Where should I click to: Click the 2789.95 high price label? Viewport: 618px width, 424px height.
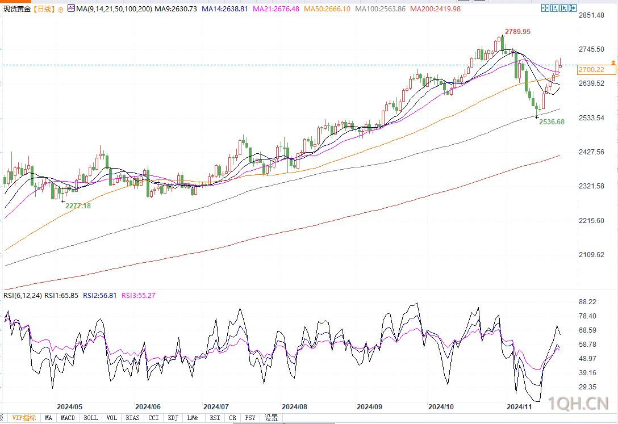pyautogui.click(x=517, y=31)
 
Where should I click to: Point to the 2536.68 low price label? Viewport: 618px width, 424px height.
pyautogui.click(x=552, y=122)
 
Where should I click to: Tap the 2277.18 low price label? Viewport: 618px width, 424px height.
pyautogui.click(x=78, y=206)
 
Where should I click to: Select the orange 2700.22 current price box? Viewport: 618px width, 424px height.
pyautogui.click(x=596, y=70)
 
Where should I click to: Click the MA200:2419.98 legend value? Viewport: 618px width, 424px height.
pyautogui.click(x=435, y=9)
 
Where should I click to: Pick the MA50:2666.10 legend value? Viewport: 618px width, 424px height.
pyautogui.click(x=327, y=9)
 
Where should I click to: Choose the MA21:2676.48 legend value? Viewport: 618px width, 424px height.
pyautogui.click(x=276, y=9)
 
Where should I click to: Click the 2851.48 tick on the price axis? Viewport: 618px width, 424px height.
pyautogui.click(x=591, y=15)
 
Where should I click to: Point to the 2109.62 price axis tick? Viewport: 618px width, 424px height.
pyautogui.click(x=591, y=255)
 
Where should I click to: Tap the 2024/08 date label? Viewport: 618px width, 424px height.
pyautogui.click(x=294, y=406)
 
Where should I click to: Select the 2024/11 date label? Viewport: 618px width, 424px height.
pyautogui.click(x=519, y=406)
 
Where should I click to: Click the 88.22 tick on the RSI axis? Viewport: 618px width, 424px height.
pyautogui.click(x=587, y=302)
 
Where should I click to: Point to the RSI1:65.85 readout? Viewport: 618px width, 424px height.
pyautogui.click(x=61, y=295)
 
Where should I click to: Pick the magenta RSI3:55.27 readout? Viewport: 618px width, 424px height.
pyautogui.click(x=139, y=295)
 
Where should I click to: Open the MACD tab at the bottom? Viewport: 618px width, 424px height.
pyautogui.click(x=68, y=418)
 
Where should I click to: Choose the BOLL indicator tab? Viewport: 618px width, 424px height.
pyautogui.click(x=91, y=418)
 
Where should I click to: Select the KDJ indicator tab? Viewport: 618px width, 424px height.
pyautogui.click(x=173, y=418)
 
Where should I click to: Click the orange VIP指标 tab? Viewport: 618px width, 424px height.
pyautogui.click(x=24, y=418)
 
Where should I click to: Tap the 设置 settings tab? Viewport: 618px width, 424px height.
pyautogui.click(x=271, y=418)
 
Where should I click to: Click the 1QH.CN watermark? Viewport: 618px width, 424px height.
pyautogui.click(x=579, y=403)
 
